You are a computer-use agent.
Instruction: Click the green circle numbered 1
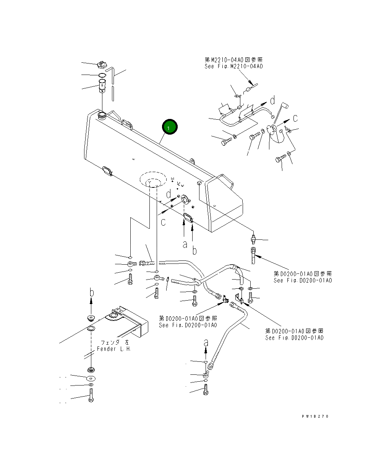(x=170, y=127)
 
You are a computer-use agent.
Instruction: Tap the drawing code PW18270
(x=314, y=416)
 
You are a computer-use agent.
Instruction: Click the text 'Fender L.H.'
(x=113, y=349)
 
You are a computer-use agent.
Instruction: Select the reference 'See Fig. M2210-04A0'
(x=233, y=66)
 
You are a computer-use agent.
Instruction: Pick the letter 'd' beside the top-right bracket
(x=272, y=101)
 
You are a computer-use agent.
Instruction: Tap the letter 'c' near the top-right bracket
(x=295, y=118)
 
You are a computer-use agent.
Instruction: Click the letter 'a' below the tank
(x=185, y=244)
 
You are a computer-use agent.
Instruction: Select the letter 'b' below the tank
(x=194, y=251)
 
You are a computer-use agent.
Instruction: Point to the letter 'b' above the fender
(x=91, y=293)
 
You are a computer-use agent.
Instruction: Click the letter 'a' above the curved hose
(x=206, y=342)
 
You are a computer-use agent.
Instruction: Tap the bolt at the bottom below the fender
(x=91, y=395)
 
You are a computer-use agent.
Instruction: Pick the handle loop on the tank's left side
(x=107, y=170)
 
